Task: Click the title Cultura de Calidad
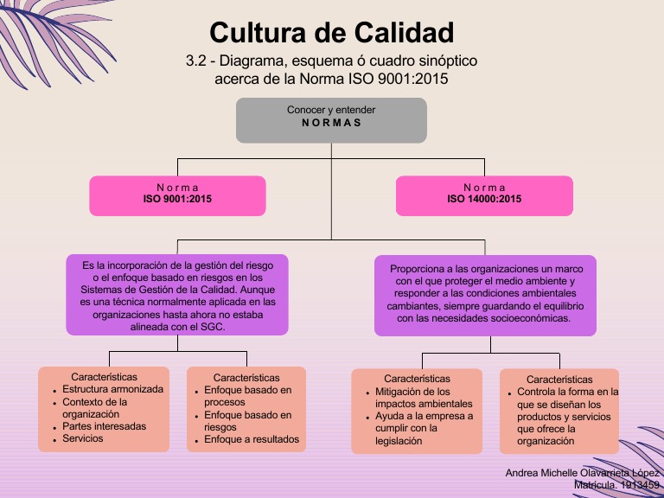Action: click(331, 33)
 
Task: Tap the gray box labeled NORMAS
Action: click(331, 120)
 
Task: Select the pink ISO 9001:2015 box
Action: click(177, 195)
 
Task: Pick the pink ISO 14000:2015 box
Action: click(484, 195)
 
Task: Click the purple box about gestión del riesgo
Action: click(177, 295)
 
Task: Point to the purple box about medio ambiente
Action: click(485, 295)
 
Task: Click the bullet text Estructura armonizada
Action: click(112, 390)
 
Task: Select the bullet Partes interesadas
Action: click(104, 426)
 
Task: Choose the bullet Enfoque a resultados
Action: click(252, 439)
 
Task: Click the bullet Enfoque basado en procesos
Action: click(247, 396)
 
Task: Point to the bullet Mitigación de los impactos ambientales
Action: click(424, 398)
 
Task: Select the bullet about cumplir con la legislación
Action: click(424, 428)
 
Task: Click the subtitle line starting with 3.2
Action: click(331, 62)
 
